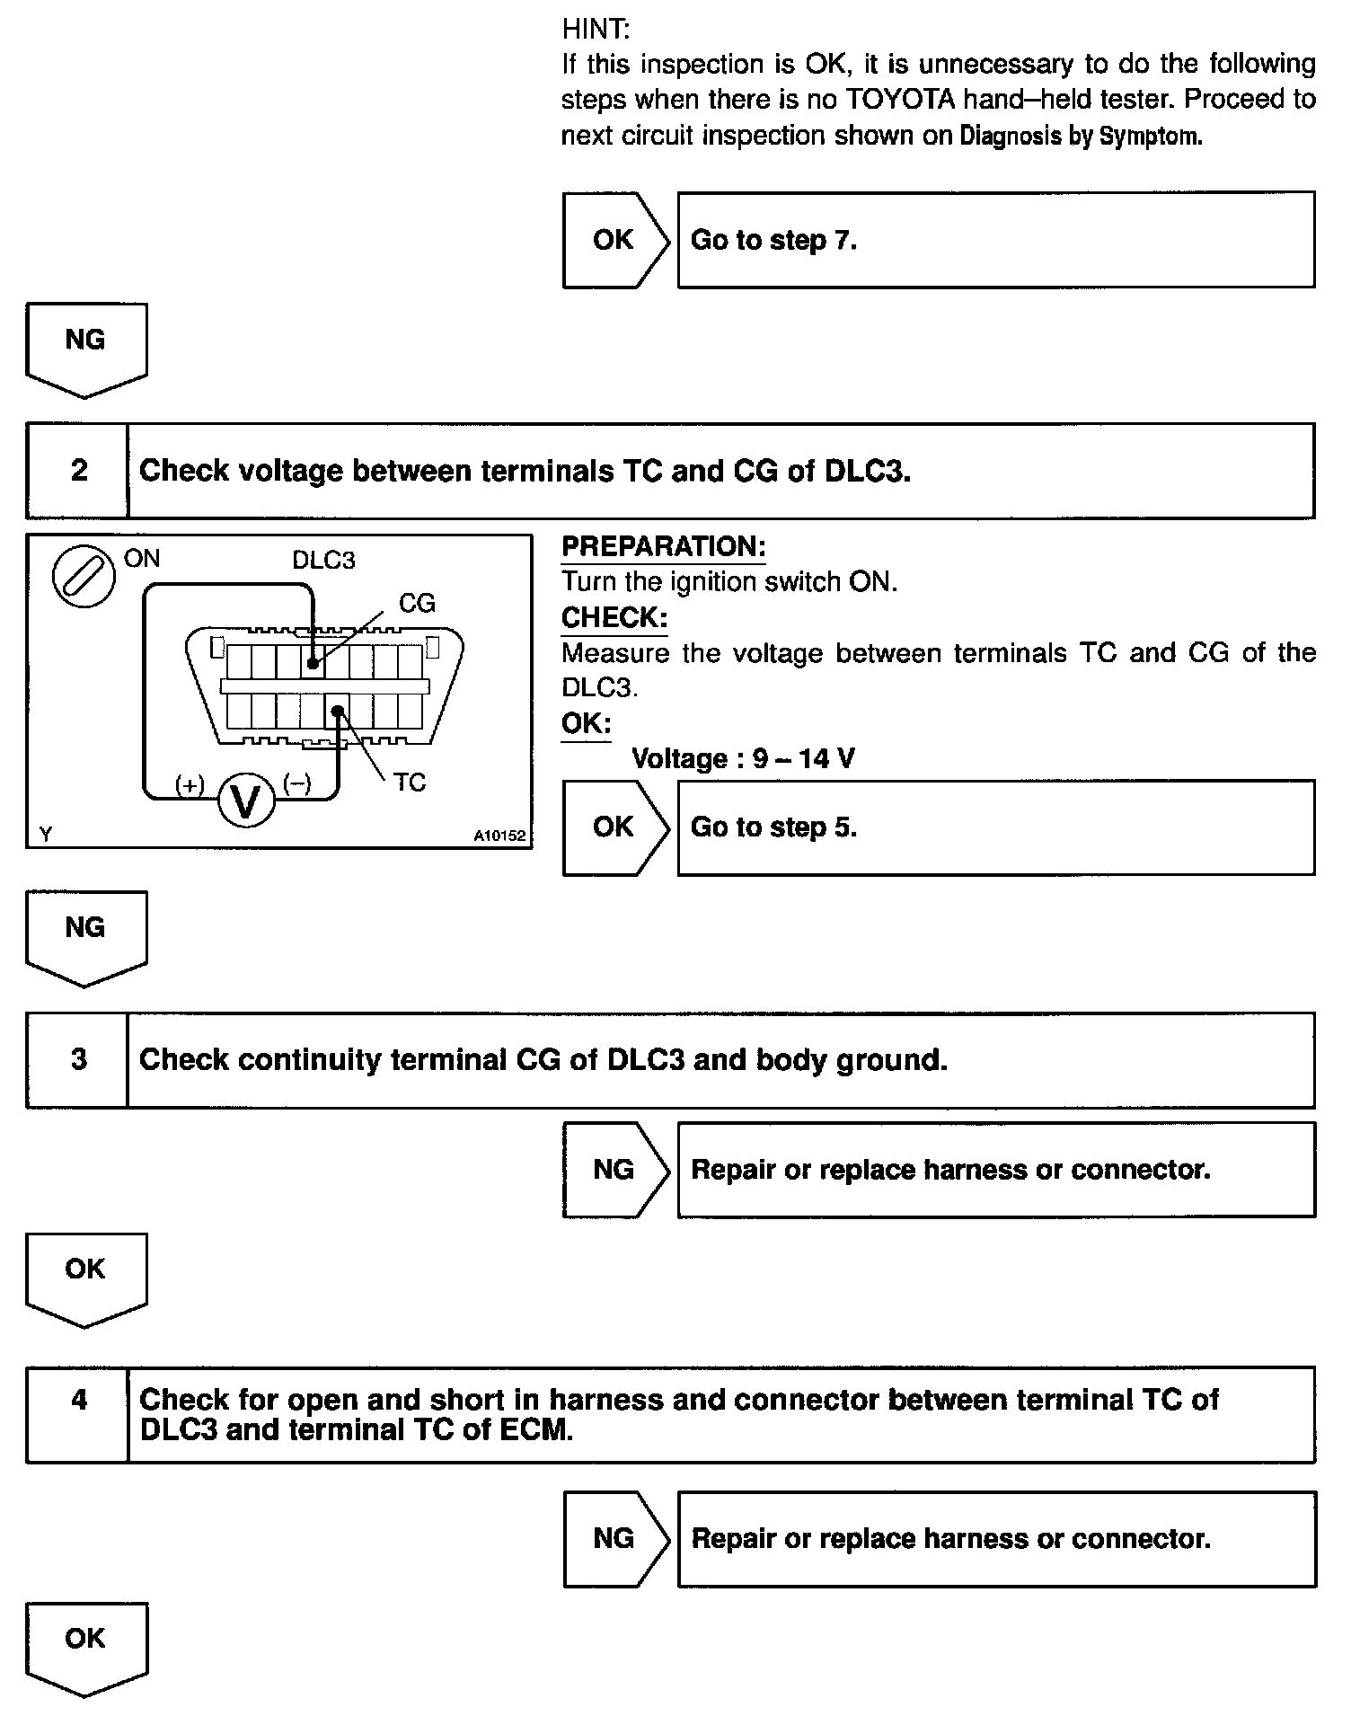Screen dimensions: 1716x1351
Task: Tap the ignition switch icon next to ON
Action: pos(84,576)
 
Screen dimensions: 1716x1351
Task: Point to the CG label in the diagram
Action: pos(417,603)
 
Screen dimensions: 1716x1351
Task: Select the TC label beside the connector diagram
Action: pos(410,782)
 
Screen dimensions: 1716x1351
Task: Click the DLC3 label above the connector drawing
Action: pos(323,561)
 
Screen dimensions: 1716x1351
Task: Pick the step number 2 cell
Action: pos(78,470)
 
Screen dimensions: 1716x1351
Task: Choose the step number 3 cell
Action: pos(78,1059)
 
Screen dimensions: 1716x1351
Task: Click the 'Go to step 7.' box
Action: pos(995,240)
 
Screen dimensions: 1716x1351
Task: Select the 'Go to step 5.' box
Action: pos(995,827)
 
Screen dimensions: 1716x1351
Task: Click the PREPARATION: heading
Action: pos(663,546)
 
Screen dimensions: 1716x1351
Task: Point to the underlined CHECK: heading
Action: pos(614,617)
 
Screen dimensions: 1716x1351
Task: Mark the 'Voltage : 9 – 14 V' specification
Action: pos(743,759)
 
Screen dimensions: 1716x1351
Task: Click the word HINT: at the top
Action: pos(596,30)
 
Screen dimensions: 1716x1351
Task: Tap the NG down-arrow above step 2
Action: pos(86,349)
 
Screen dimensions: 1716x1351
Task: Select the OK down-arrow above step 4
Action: pos(86,1278)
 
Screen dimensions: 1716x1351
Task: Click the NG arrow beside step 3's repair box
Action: pos(616,1170)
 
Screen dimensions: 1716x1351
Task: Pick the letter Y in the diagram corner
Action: pos(46,835)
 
